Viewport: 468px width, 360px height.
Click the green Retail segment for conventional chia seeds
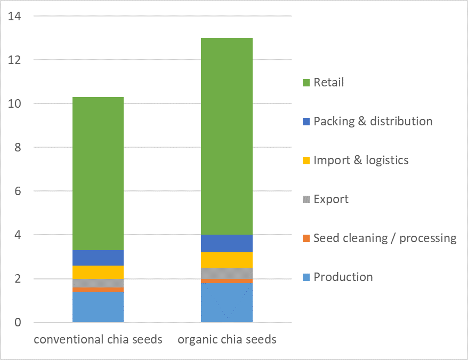click(x=98, y=173)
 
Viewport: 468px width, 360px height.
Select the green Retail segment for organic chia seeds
click(x=227, y=136)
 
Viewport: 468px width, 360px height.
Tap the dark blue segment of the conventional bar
click(x=98, y=258)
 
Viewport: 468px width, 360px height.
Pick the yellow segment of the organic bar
click(x=227, y=260)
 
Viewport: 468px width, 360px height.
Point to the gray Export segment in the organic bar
click(x=227, y=273)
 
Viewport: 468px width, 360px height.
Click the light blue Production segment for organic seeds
click(x=227, y=303)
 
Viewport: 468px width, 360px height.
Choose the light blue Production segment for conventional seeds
click(x=98, y=307)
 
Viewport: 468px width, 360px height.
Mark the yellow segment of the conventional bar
click(x=98, y=272)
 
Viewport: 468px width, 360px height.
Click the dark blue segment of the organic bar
click(x=227, y=243)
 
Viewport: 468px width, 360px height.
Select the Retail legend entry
click(x=328, y=83)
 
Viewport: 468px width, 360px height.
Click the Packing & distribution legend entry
click(x=373, y=122)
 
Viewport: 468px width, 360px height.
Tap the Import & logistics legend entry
click(x=360, y=160)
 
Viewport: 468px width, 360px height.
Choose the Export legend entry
click(x=330, y=199)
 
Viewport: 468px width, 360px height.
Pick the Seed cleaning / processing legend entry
click(x=384, y=238)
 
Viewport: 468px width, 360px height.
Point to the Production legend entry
click(x=343, y=277)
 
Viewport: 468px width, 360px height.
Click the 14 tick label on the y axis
click(x=14, y=16)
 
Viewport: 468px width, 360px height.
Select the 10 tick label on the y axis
click(x=14, y=103)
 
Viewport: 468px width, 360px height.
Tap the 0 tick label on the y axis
click(x=17, y=323)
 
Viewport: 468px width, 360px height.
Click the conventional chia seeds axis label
click(x=98, y=340)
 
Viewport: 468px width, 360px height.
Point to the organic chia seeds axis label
click(x=227, y=340)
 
